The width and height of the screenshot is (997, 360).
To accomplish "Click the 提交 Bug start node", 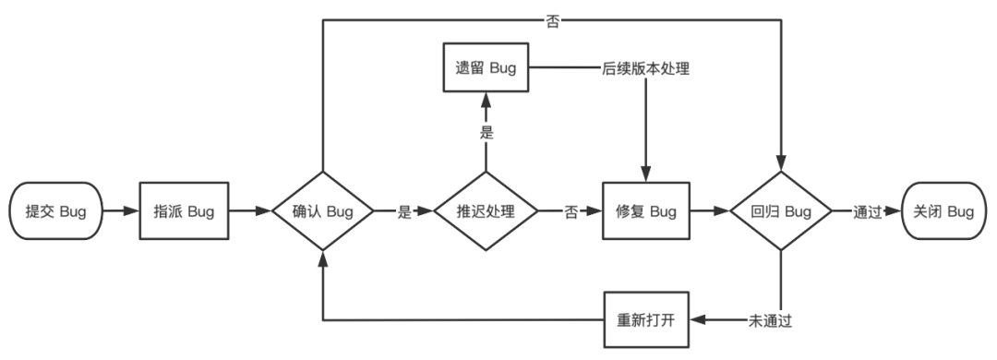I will coord(55,211).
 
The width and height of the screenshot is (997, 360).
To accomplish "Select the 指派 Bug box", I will coord(184,211).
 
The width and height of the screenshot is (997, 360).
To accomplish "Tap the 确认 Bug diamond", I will coord(322,211).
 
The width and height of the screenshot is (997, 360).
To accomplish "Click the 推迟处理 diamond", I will coord(486,211).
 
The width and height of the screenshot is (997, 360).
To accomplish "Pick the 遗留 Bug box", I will coord(486,68).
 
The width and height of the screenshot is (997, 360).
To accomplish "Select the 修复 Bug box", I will coord(645,211).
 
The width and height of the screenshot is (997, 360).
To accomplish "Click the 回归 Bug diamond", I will coord(782,211).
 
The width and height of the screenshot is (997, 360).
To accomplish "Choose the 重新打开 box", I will coord(645,320).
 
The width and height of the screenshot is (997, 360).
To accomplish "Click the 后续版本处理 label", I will coord(644,69).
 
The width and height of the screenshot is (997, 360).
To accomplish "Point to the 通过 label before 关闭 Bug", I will coord(854,211).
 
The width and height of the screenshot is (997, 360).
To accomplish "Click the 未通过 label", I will coord(769,321).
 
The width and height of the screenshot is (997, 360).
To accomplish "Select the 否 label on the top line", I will coord(552,20).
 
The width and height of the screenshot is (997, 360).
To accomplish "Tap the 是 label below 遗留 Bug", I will coord(486,132).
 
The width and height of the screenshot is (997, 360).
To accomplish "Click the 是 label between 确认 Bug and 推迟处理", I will coord(403,211).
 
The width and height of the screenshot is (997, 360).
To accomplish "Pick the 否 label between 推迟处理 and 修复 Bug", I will coord(572,211).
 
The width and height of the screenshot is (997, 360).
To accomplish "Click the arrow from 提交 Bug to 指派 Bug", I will coord(118,211).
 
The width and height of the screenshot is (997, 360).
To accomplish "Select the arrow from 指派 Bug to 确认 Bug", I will coord(249,211).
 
